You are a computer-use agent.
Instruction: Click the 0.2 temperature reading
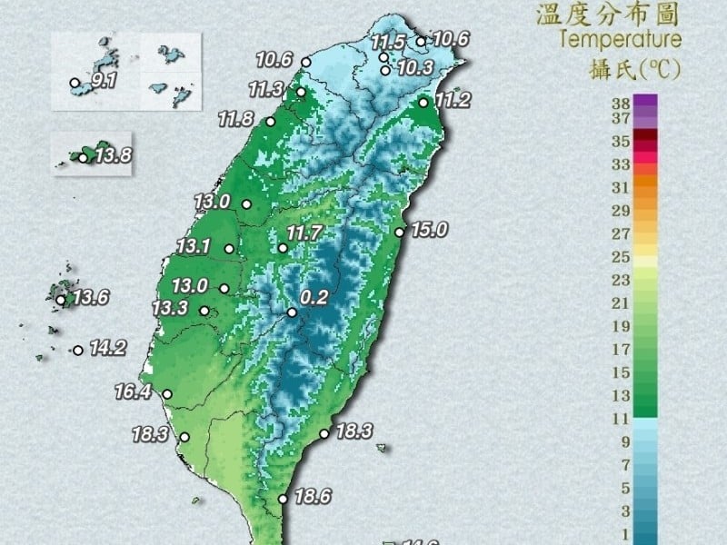(x=314, y=297)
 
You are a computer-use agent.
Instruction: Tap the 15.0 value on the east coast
(x=429, y=230)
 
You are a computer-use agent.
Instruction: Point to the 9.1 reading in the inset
(x=103, y=81)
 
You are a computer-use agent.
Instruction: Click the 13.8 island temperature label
(x=113, y=155)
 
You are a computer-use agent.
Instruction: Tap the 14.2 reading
(x=107, y=347)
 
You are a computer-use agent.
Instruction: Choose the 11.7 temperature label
(x=304, y=233)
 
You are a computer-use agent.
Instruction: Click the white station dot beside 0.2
(x=293, y=312)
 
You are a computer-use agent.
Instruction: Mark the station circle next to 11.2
(x=423, y=103)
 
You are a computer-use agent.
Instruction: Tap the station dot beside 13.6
(x=61, y=300)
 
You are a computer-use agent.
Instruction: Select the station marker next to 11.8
(x=270, y=122)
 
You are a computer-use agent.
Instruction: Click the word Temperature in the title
(x=621, y=39)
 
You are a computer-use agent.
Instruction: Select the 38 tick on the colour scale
(x=621, y=103)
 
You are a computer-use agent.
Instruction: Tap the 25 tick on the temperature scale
(x=621, y=257)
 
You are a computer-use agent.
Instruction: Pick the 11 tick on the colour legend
(x=621, y=419)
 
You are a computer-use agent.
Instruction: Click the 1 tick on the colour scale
(x=622, y=533)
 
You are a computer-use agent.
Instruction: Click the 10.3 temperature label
(x=415, y=69)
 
